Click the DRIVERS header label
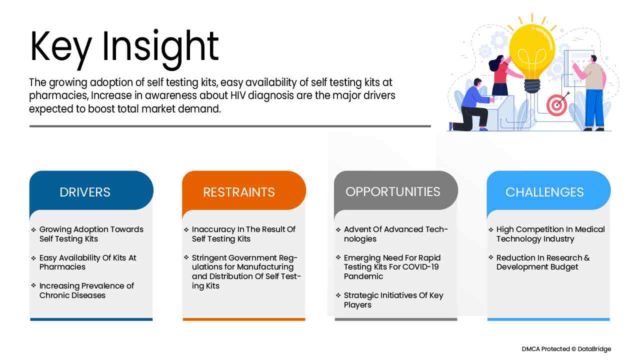point(85,192)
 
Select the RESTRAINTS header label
point(239,192)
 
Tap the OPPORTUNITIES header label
point(393,191)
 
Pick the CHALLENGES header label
point(544,192)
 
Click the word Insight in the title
point(160,46)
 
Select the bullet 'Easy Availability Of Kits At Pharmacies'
point(87,262)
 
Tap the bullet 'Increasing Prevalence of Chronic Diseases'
point(86,290)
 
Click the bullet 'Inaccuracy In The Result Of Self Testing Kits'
point(243,234)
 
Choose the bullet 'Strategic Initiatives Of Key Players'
point(393,300)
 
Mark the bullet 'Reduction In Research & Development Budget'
point(542,262)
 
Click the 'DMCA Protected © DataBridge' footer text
point(566,349)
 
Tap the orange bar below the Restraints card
point(243,319)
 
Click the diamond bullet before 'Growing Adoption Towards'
point(33,229)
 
